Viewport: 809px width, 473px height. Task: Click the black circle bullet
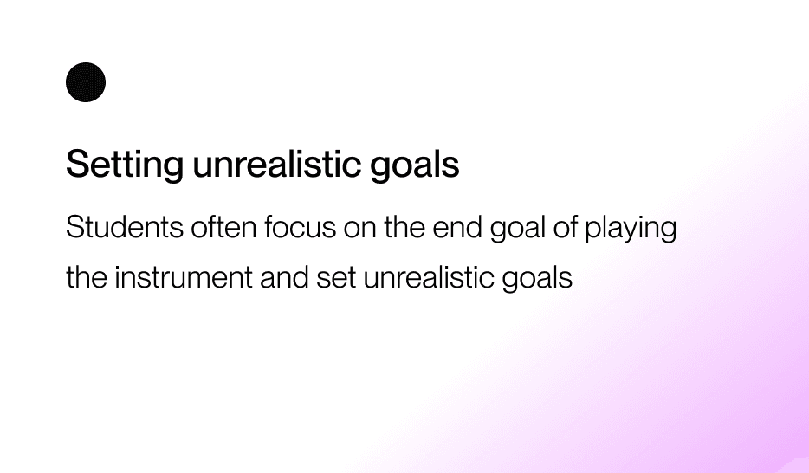click(x=86, y=82)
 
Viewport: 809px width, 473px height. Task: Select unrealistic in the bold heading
click(x=276, y=164)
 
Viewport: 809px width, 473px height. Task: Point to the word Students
click(x=125, y=227)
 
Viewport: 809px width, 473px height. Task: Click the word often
click(x=223, y=227)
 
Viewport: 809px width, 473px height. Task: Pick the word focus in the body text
click(x=301, y=227)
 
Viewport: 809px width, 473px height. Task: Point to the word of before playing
click(x=565, y=227)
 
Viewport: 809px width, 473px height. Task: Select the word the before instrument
click(x=86, y=277)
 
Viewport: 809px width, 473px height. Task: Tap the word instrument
click(x=183, y=277)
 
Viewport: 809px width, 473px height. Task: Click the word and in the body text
click(x=284, y=277)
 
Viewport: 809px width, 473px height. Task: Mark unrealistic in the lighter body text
click(x=429, y=277)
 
